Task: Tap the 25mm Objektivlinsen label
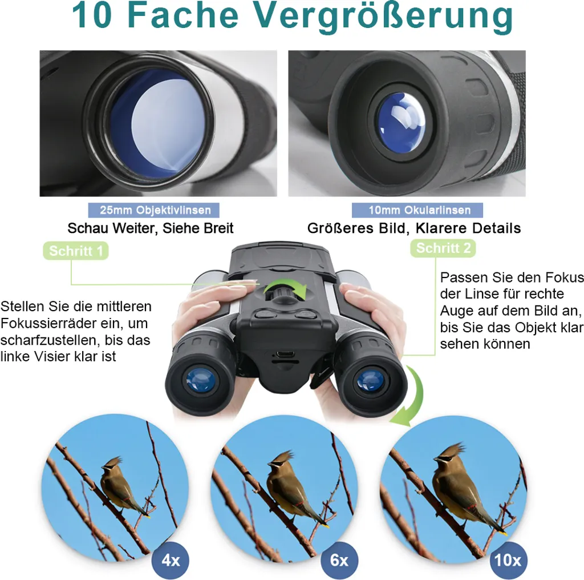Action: pos(154,210)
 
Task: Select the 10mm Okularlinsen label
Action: pos(417,210)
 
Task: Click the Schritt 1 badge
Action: pos(76,251)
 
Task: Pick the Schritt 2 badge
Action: pos(443,248)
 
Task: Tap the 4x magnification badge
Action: pos(171,561)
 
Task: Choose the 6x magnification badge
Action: pos(339,561)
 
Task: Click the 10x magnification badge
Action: pos(508,560)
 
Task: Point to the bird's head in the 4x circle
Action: pos(112,465)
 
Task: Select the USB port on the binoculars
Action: pos(286,354)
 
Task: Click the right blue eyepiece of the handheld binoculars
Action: pos(370,380)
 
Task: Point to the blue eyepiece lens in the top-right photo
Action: pos(401,123)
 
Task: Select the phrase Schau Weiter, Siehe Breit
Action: pos(151,228)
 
